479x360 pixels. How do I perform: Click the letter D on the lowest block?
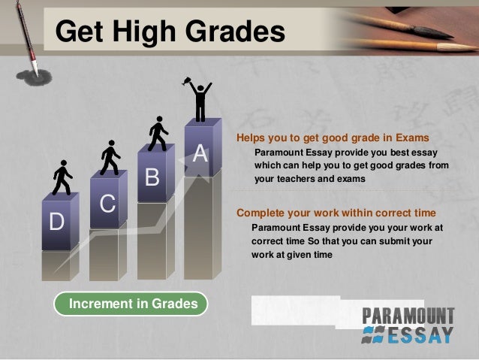pyautogui.click(x=56, y=222)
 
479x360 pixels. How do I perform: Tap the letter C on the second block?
pyautogui.click(x=107, y=204)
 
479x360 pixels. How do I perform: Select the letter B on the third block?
pyautogui.click(x=152, y=178)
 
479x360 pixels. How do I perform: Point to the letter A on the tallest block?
pyautogui.click(x=200, y=153)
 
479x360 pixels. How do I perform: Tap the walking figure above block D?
pyautogui.click(x=62, y=178)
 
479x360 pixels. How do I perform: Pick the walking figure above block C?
pyautogui.click(x=110, y=157)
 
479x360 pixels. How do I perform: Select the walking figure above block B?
pyautogui.click(x=158, y=134)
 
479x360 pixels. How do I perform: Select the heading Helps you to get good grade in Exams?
pyautogui.click(x=333, y=138)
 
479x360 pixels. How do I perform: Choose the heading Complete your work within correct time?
pyautogui.click(x=336, y=211)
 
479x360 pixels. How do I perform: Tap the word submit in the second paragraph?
pyautogui.click(x=413, y=241)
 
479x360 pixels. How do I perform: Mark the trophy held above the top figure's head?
pyautogui.click(x=186, y=81)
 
